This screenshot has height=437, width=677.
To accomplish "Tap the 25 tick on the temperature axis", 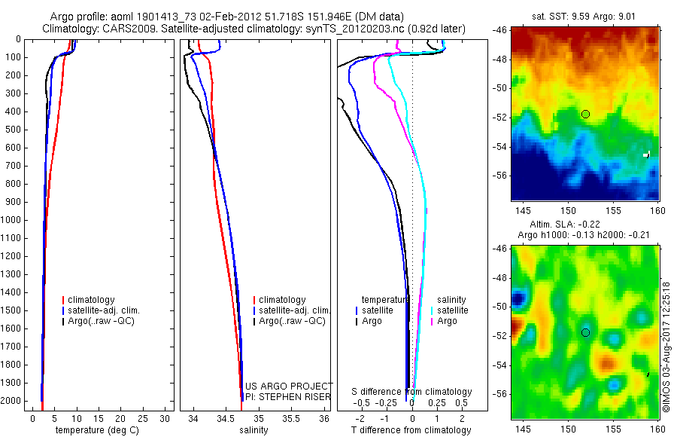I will pyautogui.click(x=142, y=417).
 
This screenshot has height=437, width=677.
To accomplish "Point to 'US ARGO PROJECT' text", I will pyautogui.click(x=290, y=385).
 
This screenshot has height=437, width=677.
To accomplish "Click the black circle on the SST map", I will pyautogui.click(x=585, y=114).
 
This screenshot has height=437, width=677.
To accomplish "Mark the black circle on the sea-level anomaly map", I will pyautogui.click(x=585, y=332).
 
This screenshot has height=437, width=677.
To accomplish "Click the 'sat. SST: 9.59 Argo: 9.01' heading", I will pyautogui.click(x=586, y=15).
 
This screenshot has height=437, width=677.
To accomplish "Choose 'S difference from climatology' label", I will pyautogui.click(x=412, y=392).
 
